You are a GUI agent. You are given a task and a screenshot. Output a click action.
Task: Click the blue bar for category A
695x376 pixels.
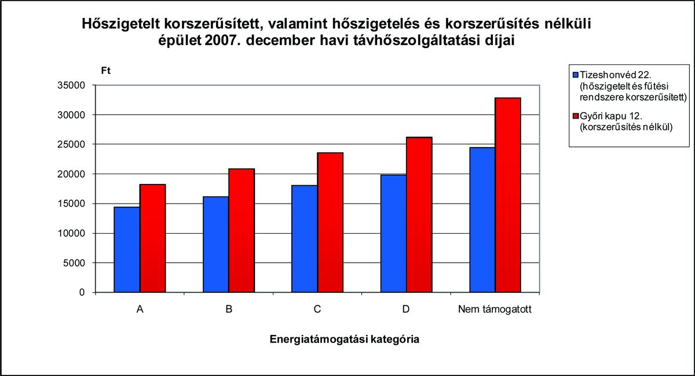[127, 250]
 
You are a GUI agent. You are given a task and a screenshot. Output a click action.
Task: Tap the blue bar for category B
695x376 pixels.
[215, 245]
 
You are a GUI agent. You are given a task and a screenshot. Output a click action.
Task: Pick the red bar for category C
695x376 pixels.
[330, 223]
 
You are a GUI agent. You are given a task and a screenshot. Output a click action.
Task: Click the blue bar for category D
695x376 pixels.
[393, 234]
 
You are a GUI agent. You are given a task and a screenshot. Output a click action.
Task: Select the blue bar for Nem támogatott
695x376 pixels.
[482, 220]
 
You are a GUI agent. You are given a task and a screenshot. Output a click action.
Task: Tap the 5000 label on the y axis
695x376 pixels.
[75, 263]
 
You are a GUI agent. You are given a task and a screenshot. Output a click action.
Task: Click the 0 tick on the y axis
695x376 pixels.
[82, 293]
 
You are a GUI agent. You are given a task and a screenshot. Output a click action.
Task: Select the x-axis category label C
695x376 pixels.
[317, 309]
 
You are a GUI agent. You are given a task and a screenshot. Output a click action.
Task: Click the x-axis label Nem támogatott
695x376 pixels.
[495, 309]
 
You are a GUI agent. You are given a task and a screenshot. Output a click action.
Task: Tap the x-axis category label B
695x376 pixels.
[229, 309]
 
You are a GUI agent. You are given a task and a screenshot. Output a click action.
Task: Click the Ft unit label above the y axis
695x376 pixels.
[105, 71]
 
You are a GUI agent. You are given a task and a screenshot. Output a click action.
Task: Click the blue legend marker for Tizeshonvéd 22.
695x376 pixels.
[575, 75]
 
